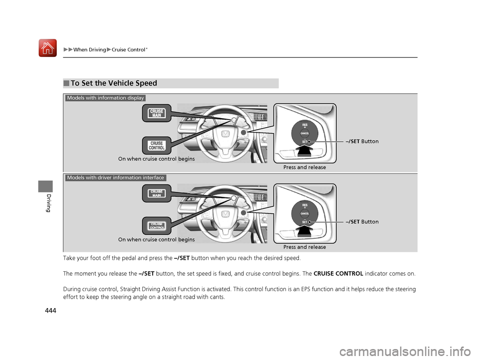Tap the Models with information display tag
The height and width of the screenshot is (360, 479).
coord(105,98)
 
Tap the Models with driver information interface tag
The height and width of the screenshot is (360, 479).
coord(115,178)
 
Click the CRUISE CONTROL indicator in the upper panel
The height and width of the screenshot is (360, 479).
coord(156,146)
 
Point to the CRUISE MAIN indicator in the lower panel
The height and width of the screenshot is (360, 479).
coord(157,193)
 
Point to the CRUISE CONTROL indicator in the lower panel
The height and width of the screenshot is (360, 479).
coord(157,225)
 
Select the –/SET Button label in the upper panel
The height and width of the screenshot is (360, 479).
coord(361,142)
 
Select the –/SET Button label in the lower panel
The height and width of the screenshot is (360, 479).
coord(361,222)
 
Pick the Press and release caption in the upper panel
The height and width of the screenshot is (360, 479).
coord(304,168)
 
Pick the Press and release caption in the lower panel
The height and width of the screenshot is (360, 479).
coord(304,247)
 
